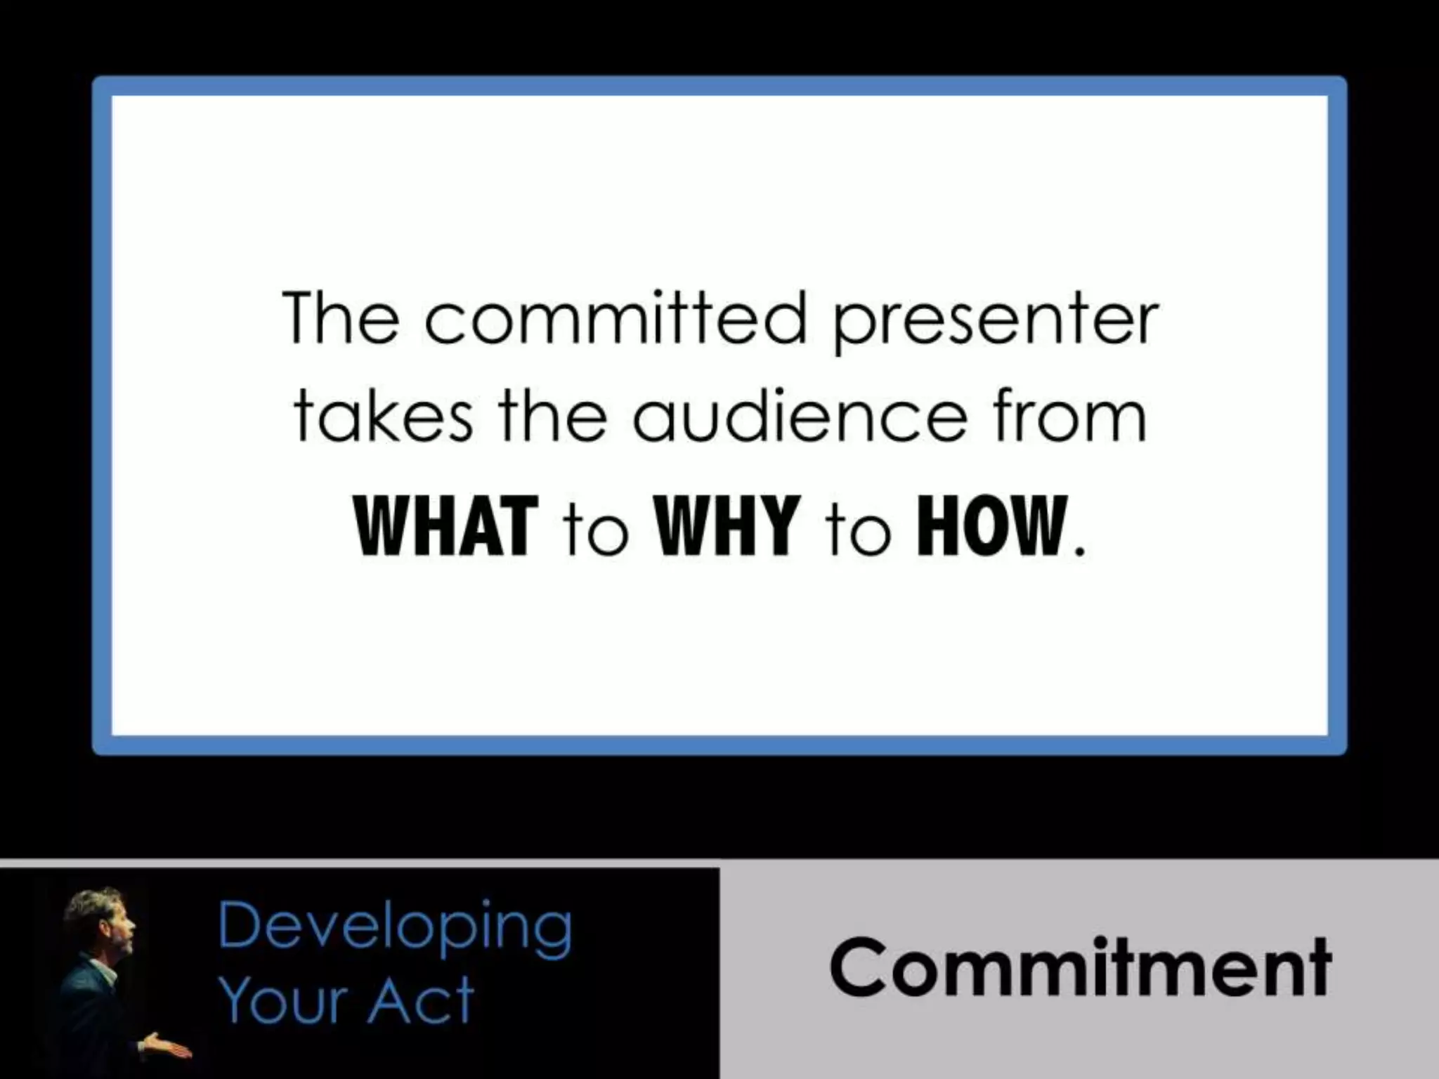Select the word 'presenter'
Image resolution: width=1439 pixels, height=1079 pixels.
(994, 322)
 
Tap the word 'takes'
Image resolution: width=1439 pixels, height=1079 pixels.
(383, 417)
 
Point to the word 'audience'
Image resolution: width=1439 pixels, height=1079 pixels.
(800, 417)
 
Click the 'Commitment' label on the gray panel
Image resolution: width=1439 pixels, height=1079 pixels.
(1079, 967)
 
